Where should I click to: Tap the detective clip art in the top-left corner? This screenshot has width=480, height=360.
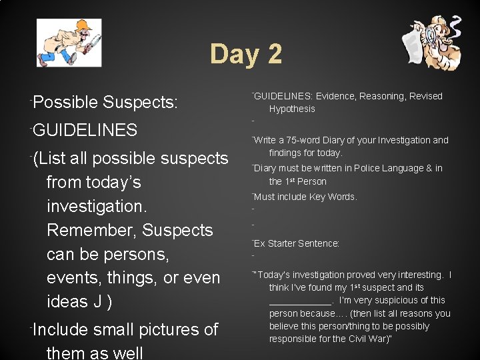tap(69, 43)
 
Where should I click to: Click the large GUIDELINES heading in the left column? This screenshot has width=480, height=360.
tap(85, 130)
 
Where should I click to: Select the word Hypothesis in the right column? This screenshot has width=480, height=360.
tap(292, 109)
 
